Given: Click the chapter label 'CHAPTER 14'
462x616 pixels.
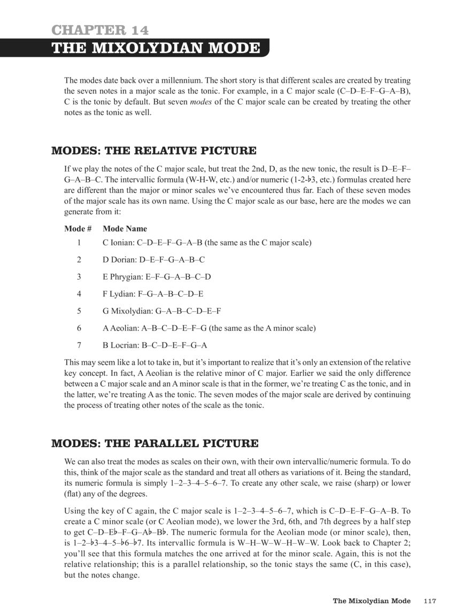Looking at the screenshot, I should [101, 30].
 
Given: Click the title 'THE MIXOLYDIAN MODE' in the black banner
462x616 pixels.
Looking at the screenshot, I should [156, 48].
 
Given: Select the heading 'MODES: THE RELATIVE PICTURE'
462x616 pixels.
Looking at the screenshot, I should [153, 151].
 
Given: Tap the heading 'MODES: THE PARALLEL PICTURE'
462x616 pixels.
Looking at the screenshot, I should [155, 443].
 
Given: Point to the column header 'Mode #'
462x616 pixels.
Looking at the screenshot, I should [78, 228].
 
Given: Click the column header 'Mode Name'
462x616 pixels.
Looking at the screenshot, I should [125, 228].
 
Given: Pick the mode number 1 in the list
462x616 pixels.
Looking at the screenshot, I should [79, 243].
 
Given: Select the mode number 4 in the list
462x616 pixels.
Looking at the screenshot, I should [79, 294].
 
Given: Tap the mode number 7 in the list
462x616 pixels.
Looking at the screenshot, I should [79, 345].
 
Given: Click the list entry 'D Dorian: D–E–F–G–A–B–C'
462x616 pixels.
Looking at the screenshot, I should [153, 260].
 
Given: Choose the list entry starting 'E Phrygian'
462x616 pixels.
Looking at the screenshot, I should [157, 277].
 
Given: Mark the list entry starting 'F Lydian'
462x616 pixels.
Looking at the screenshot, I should [153, 294].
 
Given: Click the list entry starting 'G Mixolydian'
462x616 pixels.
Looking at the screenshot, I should [162, 311].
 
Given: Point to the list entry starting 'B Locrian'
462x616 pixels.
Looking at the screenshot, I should [155, 345].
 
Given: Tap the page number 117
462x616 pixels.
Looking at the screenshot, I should [429, 601].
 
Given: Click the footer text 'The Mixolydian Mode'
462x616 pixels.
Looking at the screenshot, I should [372, 601].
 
